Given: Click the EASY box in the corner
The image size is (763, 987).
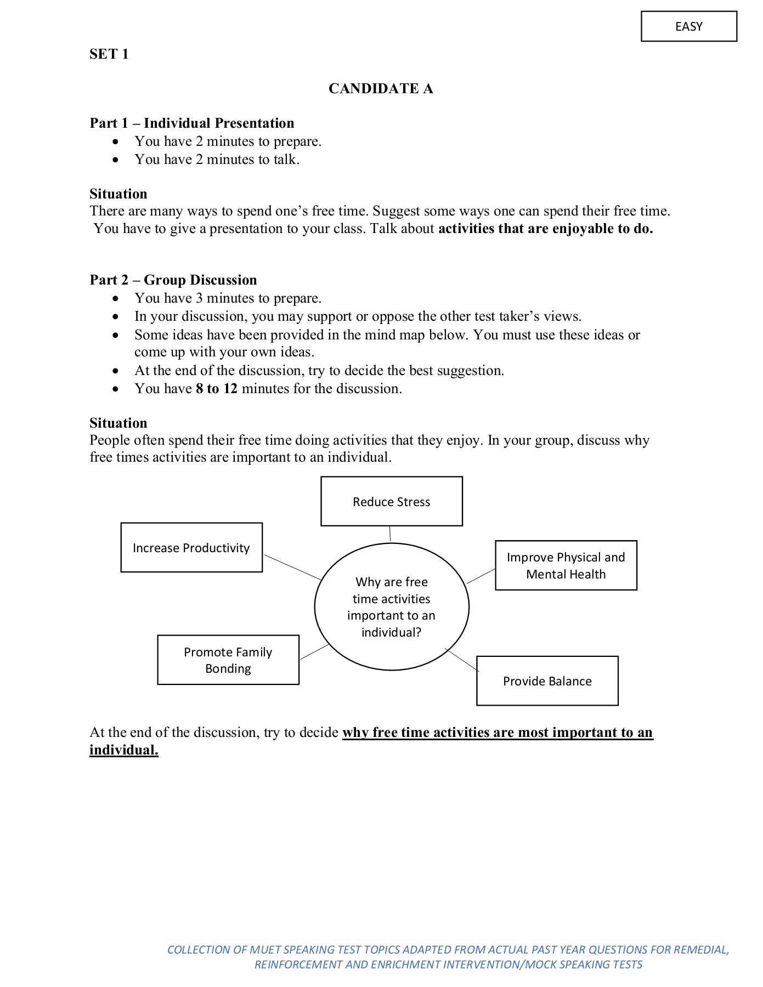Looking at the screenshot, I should pyautogui.click(x=688, y=26).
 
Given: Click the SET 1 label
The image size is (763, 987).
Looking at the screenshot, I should pyautogui.click(x=109, y=54).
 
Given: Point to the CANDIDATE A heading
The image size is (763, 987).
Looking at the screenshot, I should pyautogui.click(x=381, y=88).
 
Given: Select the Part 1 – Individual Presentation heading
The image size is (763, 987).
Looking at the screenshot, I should pyautogui.click(x=192, y=123).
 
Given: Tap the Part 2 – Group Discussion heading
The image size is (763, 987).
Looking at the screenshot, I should pyautogui.click(x=173, y=280).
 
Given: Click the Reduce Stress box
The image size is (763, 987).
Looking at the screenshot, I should pyautogui.click(x=391, y=501).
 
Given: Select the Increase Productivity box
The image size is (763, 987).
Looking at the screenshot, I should pyautogui.click(x=191, y=547).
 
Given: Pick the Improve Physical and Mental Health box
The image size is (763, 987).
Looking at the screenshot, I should pyautogui.click(x=566, y=565).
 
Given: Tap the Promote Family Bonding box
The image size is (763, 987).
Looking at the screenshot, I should pyautogui.click(x=228, y=660).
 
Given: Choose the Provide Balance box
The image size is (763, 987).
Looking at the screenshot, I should pyautogui.click(x=547, y=680).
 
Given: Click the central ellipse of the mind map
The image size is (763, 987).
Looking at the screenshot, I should pyautogui.click(x=391, y=606).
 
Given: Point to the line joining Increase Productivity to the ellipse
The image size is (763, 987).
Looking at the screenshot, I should pyautogui.click(x=292, y=567).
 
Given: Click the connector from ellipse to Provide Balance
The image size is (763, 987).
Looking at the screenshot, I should pyautogui.click(x=462, y=660).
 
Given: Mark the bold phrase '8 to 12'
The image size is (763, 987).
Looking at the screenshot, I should pyautogui.click(x=217, y=388).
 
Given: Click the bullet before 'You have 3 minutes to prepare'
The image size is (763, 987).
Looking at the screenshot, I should pyautogui.click(x=115, y=298).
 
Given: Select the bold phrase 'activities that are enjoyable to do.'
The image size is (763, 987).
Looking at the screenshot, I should pyautogui.click(x=545, y=228).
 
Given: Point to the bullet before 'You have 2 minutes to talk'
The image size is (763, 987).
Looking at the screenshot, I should pyautogui.click(x=115, y=160).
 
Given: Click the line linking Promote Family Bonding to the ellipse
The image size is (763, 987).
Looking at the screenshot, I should pyautogui.click(x=314, y=652).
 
